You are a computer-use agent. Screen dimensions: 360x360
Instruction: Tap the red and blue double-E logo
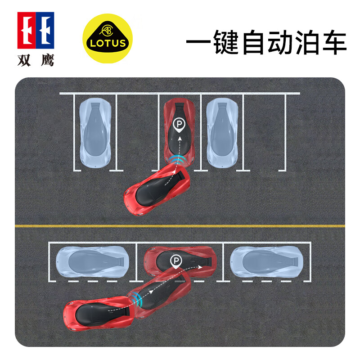tap(36, 30)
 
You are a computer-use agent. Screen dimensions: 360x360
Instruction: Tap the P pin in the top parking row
tap(179, 124)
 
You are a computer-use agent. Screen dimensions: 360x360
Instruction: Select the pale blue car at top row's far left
tap(95, 133)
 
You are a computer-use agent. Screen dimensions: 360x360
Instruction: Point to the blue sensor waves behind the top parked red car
tap(179, 160)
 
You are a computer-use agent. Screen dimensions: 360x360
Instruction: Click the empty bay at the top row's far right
tap(264, 133)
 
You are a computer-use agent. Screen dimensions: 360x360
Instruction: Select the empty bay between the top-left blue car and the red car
tap(137, 133)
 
